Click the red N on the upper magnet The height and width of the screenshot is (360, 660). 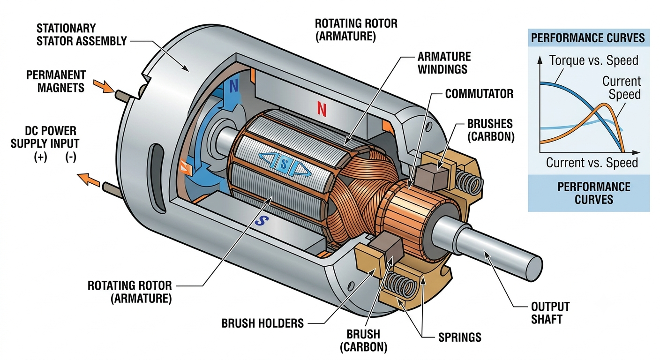pyautogui.click(x=322, y=109)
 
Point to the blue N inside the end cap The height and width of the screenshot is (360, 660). pyautogui.click(x=233, y=86)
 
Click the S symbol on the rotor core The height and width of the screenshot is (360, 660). pyautogui.click(x=284, y=164)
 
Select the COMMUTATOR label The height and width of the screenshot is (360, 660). pyautogui.click(x=479, y=94)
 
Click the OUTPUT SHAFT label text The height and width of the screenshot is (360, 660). pyautogui.click(x=550, y=313)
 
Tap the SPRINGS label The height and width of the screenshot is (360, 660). pyautogui.click(x=460, y=337)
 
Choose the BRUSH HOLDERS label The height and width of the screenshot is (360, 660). pyautogui.click(x=262, y=323)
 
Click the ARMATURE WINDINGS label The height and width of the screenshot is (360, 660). pyautogui.click(x=444, y=63)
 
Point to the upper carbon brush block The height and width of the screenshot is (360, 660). pyautogui.click(x=431, y=176)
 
